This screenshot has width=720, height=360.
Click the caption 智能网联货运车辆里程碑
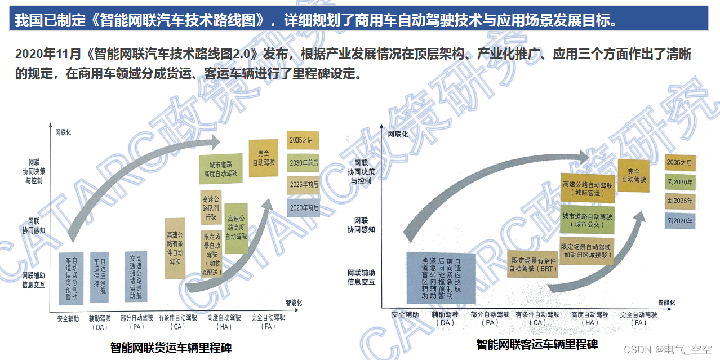tap(171, 347)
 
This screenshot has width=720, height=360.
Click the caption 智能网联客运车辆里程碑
tap(537, 344)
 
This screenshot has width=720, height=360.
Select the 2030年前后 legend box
tap(303, 163)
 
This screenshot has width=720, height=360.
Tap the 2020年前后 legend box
tap(303, 207)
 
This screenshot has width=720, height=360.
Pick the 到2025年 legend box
tap(679, 201)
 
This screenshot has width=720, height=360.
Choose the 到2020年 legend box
tap(679, 220)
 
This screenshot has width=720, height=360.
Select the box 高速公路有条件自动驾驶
tap(175, 248)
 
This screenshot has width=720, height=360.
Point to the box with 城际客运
tap(587, 189)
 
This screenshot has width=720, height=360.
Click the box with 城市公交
tap(587, 220)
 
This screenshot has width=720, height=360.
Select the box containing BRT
tap(532, 265)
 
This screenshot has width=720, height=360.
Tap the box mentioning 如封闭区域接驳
tap(587, 251)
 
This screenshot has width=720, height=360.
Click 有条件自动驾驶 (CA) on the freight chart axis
tap(178, 322)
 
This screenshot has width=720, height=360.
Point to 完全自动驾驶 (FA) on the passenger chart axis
tap(639, 318)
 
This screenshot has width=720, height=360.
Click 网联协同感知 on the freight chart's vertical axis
tap(34, 226)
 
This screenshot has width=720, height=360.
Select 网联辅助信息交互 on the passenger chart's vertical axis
tap(361, 277)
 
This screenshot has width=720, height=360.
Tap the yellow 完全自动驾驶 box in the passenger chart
tap(633, 175)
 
